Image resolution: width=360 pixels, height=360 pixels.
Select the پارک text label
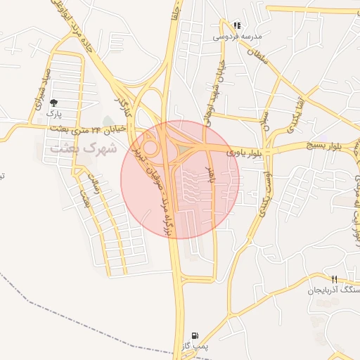pyautogui.click(x=55, y=112)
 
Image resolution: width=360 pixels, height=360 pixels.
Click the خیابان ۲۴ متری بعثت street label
pyautogui.click(x=89, y=129)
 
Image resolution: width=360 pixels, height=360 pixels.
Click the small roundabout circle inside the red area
pyautogui.click(x=150, y=148)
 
